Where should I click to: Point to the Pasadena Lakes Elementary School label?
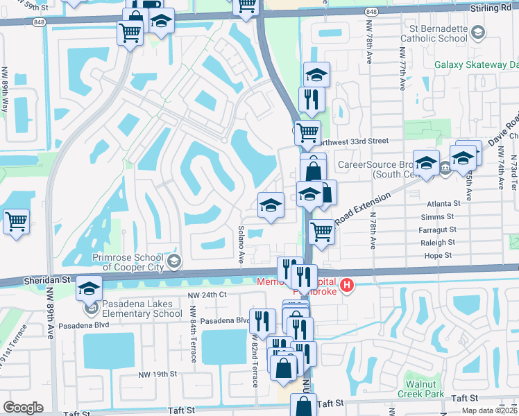[142, 309]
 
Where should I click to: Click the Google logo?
[23, 408]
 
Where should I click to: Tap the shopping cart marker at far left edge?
[16, 223]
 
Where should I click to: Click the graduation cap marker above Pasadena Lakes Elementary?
[89, 288]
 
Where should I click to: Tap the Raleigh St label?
[437, 243]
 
